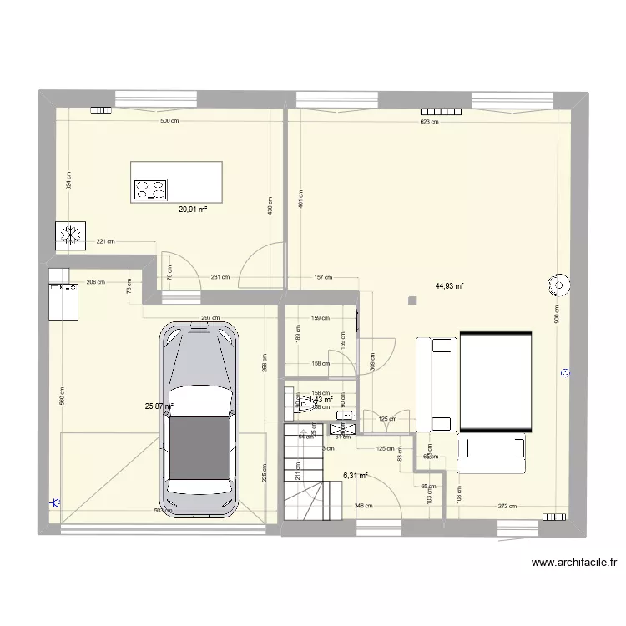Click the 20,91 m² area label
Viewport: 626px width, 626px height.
[192, 210]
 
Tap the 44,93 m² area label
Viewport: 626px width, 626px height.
[449, 286]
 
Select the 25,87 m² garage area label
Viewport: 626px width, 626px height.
[159, 406]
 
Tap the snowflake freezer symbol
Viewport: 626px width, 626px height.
[68, 235]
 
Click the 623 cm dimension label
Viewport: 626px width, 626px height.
[429, 122]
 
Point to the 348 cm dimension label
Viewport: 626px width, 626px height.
[363, 506]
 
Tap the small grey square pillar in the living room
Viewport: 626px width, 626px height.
[411, 300]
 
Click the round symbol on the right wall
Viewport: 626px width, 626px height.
[557, 285]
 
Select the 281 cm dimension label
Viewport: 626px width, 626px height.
[220, 277]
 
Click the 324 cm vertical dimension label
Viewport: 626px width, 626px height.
[68, 181]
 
